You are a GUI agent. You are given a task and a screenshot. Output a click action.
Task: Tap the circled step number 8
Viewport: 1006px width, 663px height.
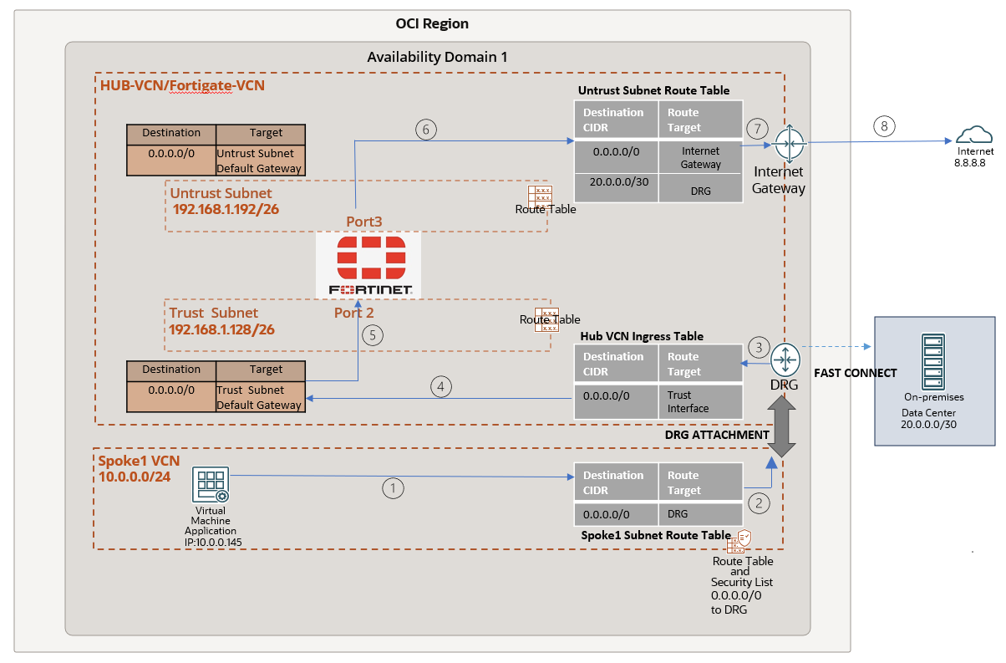tap(885, 126)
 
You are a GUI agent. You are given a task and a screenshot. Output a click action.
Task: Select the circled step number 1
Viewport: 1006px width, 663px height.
tap(392, 487)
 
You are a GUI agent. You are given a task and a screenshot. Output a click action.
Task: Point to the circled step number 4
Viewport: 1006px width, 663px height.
tap(442, 386)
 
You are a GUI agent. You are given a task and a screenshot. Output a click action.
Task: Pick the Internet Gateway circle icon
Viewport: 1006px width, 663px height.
tap(788, 144)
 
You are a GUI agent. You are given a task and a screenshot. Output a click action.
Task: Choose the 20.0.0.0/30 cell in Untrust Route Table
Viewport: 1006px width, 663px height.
tap(616, 182)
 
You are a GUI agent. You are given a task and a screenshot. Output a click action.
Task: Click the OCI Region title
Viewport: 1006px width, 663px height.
tap(433, 23)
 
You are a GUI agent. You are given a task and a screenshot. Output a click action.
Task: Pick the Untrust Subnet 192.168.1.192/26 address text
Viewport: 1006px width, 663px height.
tap(226, 209)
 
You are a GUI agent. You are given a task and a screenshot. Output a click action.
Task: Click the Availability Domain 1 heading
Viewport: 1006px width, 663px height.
tap(437, 57)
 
